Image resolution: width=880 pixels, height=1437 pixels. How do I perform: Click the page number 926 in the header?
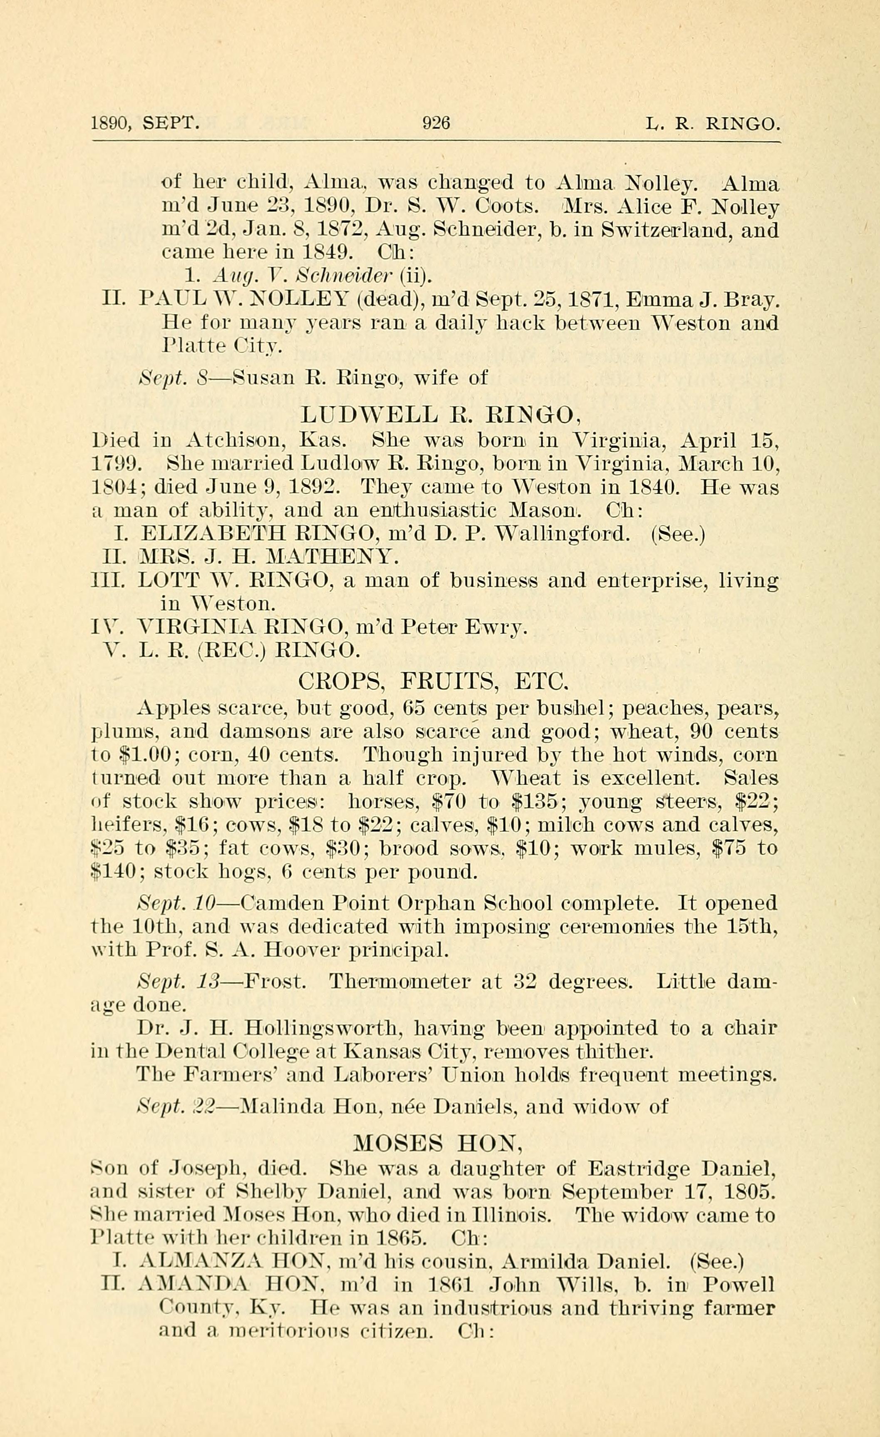click(436, 123)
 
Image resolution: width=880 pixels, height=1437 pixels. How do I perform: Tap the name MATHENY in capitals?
click(332, 557)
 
